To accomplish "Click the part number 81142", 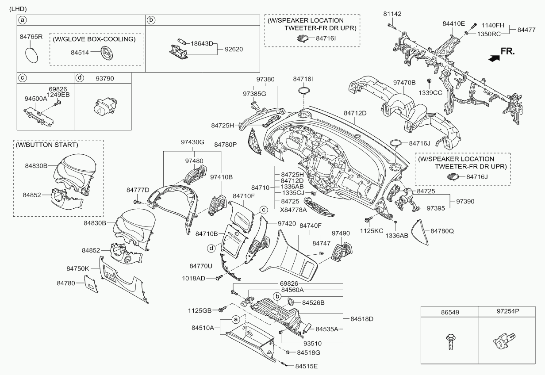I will pos(392,14).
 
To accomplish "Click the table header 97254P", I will pos(504,311).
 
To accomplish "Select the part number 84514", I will pos(80,52).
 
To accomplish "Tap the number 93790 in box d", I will pos(105,78).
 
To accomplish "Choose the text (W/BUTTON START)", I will pos(47,145).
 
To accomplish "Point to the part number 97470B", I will pos(405,82).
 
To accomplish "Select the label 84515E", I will pos(306,366).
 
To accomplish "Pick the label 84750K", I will pos(78,268).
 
